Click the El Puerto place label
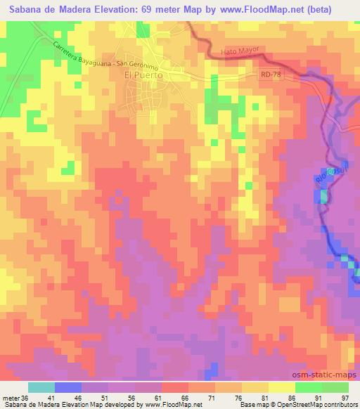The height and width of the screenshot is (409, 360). [143, 75]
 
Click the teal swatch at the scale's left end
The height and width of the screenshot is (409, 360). [41, 387]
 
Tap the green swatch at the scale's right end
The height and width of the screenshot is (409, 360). [335, 387]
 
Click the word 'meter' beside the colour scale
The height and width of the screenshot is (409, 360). [10, 397]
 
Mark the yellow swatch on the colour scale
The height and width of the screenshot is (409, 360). [281, 387]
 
